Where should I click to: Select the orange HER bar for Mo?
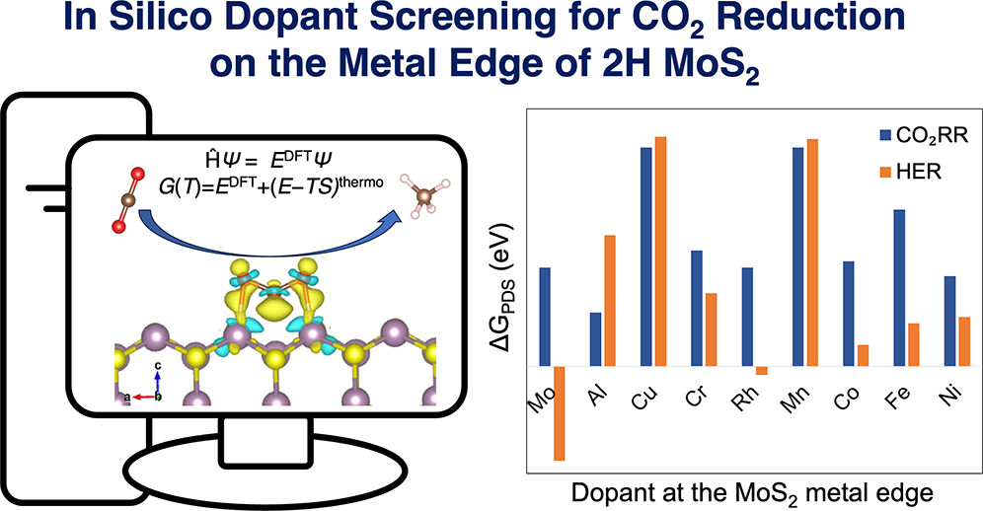coord(560,412)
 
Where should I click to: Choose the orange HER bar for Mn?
coord(812,253)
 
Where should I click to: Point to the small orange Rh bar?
coord(761,370)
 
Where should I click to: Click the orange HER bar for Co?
coord(863,355)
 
